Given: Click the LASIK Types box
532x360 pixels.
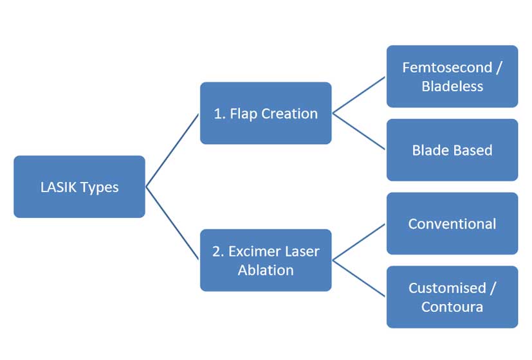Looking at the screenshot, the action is coord(79,187).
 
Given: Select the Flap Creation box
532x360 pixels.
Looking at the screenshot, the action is coord(266,113).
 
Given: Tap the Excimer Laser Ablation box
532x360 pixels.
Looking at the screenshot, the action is coord(266,260).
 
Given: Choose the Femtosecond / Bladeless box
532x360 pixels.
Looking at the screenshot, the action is coord(452,76).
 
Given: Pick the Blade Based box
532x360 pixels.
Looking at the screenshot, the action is coord(452,150).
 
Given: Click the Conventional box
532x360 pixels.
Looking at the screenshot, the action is coord(452,224).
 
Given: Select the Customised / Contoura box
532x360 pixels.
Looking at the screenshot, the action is coord(452,297).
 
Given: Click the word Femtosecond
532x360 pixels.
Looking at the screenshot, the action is coord(447,67).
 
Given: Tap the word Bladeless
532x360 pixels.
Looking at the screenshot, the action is coord(452,86).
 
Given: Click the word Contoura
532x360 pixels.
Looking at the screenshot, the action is coord(452,307).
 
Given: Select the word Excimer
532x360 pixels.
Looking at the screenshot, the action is coord(250,251).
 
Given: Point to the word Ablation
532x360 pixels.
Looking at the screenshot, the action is coord(266,271).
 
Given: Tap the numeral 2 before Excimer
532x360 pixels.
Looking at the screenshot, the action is coord(217,251).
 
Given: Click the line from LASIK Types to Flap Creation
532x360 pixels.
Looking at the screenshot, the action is coord(172,150).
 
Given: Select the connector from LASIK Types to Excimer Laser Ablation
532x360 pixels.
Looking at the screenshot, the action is coord(172,223).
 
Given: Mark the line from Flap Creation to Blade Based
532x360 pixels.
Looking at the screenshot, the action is coord(358,131).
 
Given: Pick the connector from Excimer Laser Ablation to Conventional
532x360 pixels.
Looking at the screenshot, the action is coord(358,242).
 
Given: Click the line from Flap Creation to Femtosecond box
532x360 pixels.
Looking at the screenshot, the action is coord(358,95).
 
